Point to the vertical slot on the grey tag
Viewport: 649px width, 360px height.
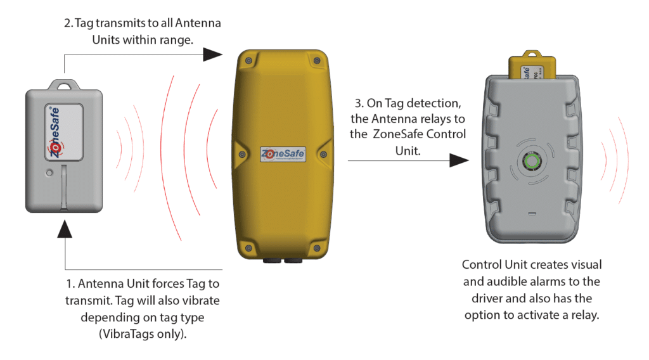point(65,188)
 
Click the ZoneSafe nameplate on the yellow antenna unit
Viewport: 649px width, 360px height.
point(283,154)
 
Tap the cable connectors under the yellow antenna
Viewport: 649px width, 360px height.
point(282,260)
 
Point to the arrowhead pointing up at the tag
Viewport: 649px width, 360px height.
point(65,229)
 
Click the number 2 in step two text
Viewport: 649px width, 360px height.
point(68,23)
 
